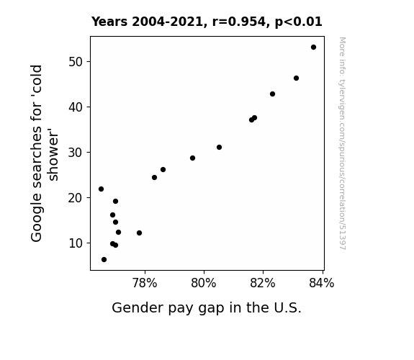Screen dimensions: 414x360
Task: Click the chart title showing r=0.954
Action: click(207, 22)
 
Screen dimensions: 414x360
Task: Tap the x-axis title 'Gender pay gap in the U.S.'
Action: click(207, 307)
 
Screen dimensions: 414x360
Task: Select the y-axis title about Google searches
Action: click(44, 153)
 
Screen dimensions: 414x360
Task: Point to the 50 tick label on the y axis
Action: click(76, 62)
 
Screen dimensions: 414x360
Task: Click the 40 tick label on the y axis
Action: click(76, 107)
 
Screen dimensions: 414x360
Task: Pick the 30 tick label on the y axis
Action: click(76, 153)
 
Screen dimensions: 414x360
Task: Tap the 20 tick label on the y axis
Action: click(76, 198)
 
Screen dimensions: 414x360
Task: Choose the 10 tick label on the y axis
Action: click(76, 243)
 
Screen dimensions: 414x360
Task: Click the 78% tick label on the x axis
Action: click(145, 283)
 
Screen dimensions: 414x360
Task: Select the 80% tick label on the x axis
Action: click(204, 283)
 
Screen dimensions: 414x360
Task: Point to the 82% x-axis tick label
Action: click(263, 283)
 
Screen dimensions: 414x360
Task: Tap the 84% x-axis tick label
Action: click(322, 283)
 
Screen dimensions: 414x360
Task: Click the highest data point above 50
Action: click(313, 48)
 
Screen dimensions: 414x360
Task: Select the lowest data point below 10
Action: click(104, 260)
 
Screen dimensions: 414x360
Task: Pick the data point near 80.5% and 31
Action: click(219, 147)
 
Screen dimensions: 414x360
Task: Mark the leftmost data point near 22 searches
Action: click(101, 189)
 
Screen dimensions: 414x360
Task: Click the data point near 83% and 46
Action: click(296, 78)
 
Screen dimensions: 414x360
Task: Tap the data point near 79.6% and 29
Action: click(192, 158)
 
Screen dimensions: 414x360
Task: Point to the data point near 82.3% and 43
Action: click(272, 94)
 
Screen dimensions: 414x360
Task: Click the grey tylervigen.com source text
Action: click(342, 143)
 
